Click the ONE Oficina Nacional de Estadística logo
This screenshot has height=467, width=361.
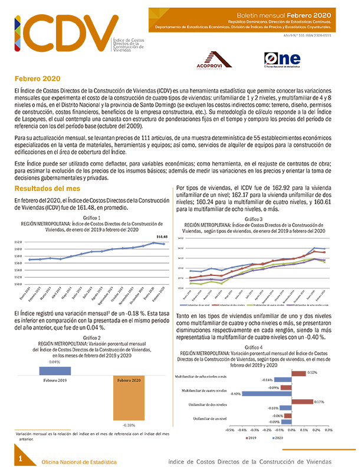[x=283, y=60]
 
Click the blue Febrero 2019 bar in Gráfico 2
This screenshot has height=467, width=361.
[x=55, y=370]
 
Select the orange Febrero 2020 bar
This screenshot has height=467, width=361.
[x=128, y=397]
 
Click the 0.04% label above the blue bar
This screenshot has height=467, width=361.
[x=55, y=361]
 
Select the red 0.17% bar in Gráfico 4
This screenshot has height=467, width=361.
[x=303, y=402]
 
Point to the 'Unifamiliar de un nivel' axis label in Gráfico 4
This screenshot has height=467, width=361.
[x=209, y=419]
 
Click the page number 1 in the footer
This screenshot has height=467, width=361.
[x=21, y=458]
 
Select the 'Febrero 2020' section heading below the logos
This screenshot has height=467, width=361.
[x=37, y=78]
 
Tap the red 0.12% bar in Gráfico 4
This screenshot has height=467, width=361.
[x=299, y=373]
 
